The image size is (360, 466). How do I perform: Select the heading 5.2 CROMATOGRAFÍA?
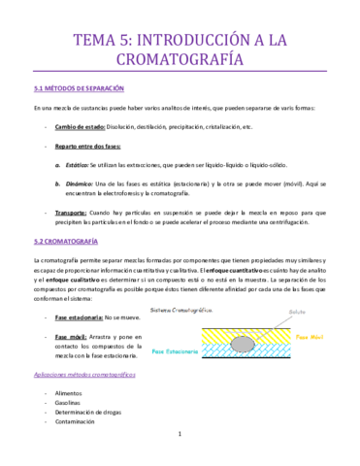65,239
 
